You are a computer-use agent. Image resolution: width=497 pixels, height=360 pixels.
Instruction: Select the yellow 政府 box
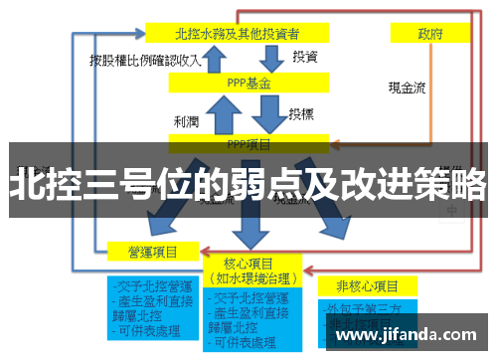(x=430, y=33)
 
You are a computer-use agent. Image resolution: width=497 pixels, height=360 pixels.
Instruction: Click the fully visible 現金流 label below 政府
(x=407, y=87)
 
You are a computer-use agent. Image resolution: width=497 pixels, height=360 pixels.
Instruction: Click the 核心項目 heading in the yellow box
(x=250, y=263)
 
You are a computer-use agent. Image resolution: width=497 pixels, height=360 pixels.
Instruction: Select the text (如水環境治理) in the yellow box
(x=250, y=277)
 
